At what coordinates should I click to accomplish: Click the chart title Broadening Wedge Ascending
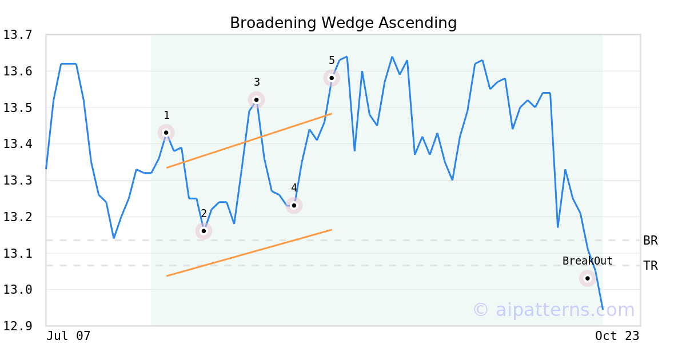pos(343,23)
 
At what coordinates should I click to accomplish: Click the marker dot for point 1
pos(166,133)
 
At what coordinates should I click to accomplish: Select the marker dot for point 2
pos(204,231)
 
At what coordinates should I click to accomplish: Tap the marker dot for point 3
pos(257,100)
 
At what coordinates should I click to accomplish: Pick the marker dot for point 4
pos(294,206)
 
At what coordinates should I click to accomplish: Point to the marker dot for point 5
pos(332,78)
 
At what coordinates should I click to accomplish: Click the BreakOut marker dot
pos(588,278)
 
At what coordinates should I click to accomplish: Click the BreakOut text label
pos(587,261)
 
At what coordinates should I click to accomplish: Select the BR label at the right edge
pos(651,241)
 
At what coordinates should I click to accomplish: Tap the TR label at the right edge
pos(651,266)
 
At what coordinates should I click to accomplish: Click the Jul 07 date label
pos(69,336)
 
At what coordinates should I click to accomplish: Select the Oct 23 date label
pos(617,336)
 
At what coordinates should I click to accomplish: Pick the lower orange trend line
pos(249,253)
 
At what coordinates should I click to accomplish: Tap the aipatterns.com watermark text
pos(553,310)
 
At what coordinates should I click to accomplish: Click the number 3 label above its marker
pos(257,82)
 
